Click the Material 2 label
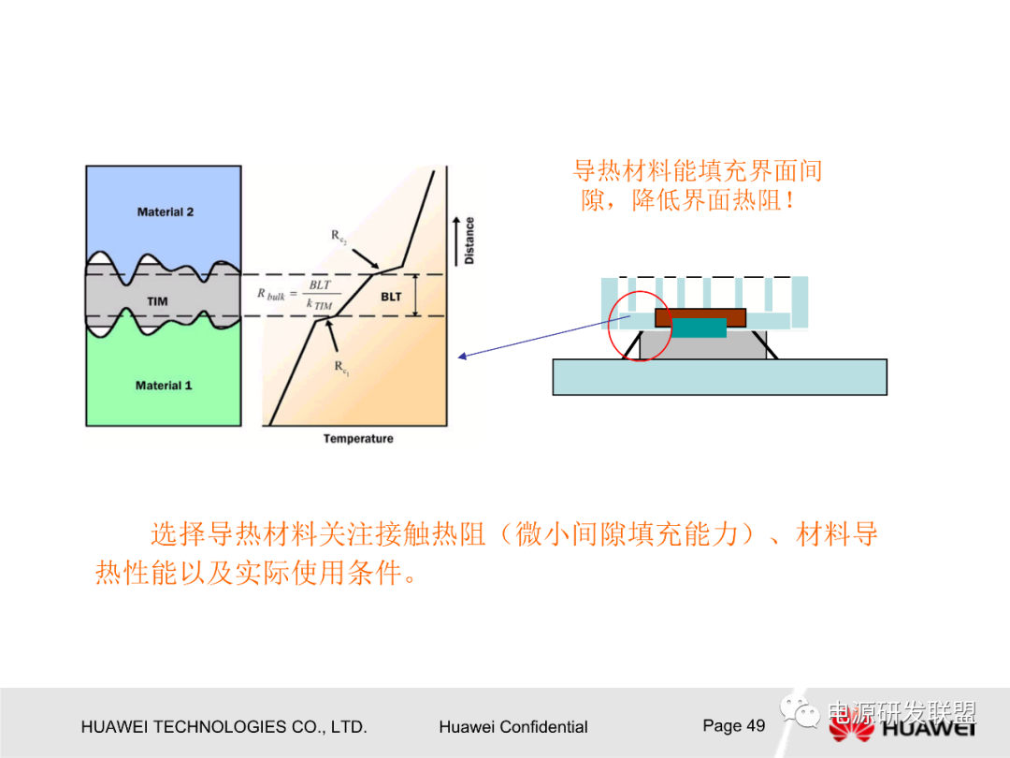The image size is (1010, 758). (x=165, y=212)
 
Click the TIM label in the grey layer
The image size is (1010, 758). (x=157, y=301)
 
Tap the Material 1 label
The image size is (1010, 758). (x=164, y=386)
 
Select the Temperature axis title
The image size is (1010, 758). (x=358, y=439)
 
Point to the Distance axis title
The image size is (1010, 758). (x=469, y=241)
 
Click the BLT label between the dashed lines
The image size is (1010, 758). (x=390, y=297)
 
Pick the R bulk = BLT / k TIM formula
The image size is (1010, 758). (x=296, y=294)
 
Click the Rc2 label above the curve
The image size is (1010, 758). (x=339, y=237)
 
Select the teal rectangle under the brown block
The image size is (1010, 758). (x=700, y=328)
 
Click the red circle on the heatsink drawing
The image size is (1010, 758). (x=640, y=326)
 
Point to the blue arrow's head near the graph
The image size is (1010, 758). (x=461, y=356)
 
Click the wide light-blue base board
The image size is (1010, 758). (x=719, y=376)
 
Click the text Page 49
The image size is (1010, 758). (x=733, y=726)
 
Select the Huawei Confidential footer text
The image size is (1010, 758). (x=512, y=727)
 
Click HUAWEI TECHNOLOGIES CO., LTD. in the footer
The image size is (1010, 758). (x=224, y=727)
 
